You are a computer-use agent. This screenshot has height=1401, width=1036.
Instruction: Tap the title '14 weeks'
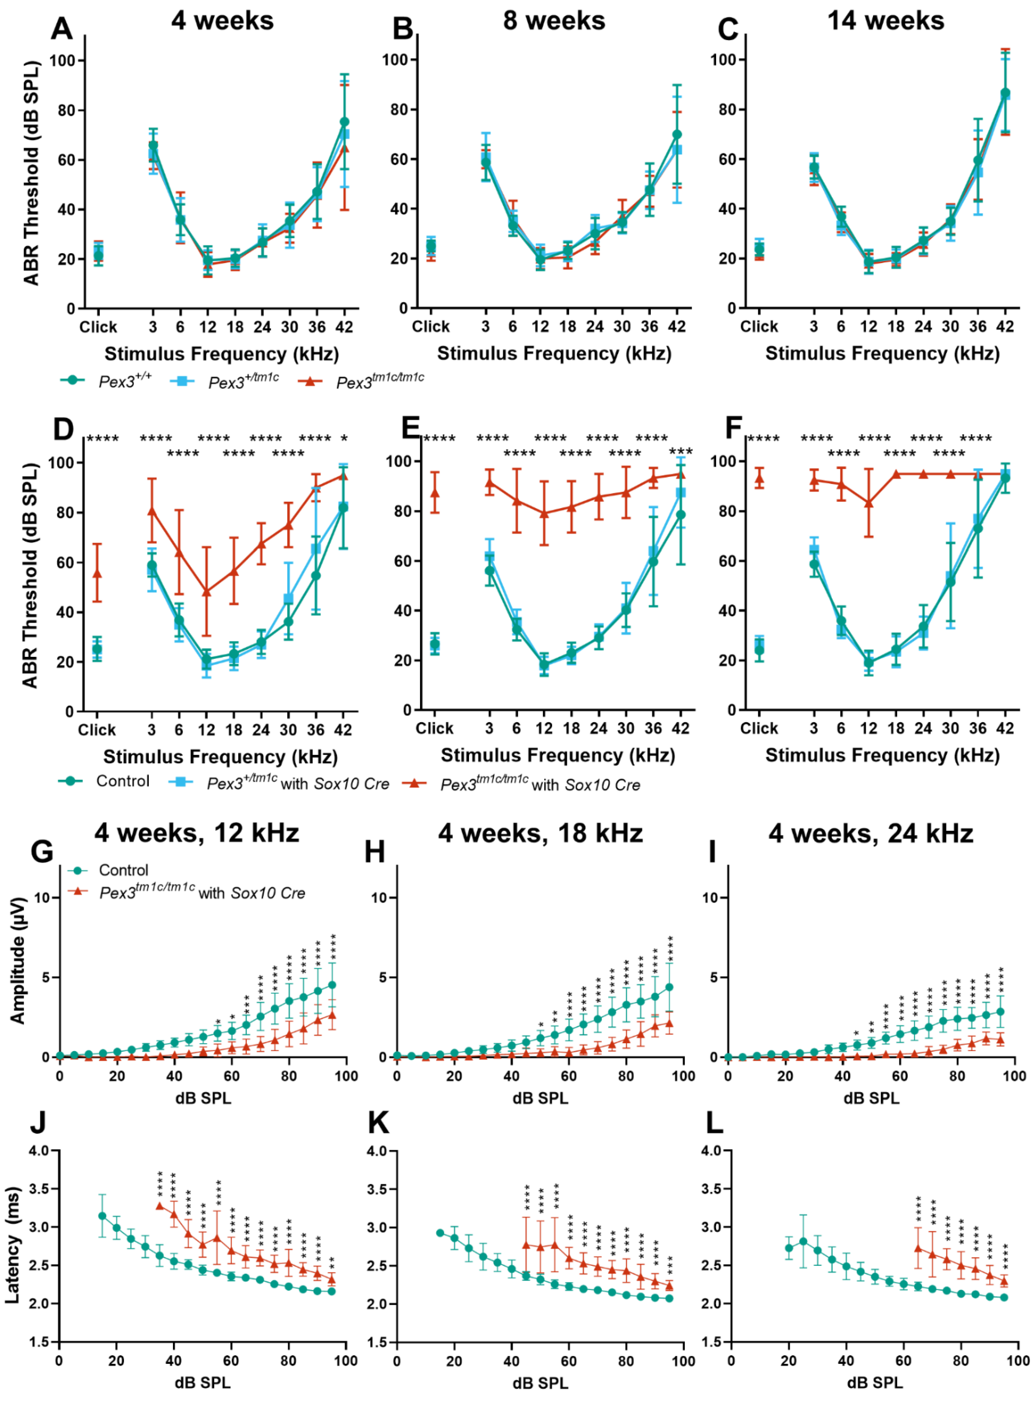(x=885, y=21)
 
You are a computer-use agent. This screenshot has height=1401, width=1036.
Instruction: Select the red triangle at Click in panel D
(x=97, y=574)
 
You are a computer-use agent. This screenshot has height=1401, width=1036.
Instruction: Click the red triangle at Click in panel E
(x=435, y=493)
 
